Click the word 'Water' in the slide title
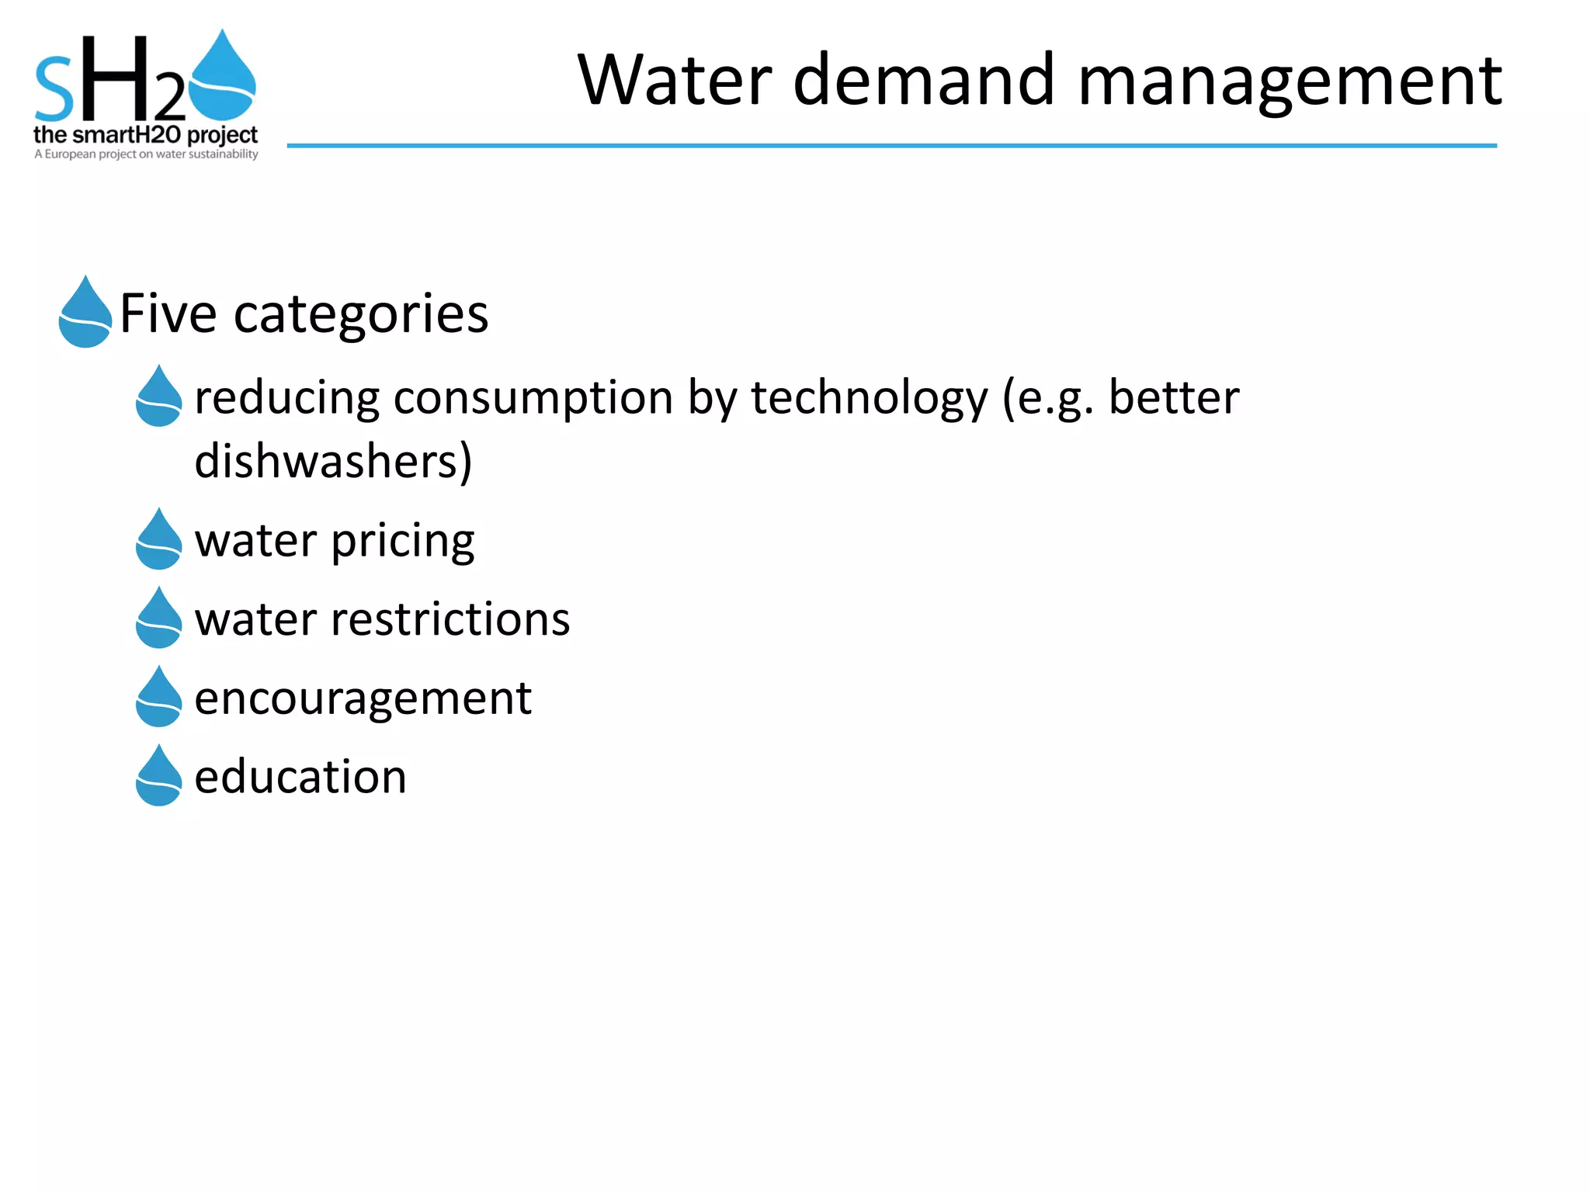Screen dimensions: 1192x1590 [675, 80]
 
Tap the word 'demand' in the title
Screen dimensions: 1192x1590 [925, 80]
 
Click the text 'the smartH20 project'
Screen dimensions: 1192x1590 [145, 135]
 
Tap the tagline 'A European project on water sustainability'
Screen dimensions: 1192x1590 [146, 154]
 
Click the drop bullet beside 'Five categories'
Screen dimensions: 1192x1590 [85, 314]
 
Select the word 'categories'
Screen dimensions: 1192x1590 [361, 314]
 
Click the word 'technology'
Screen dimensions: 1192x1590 [869, 398]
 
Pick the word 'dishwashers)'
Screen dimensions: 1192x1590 [333, 462]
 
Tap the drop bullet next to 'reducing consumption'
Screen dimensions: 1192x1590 [158, 397]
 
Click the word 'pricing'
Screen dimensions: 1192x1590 [403, 541]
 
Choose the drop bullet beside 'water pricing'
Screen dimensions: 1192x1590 [158, 540]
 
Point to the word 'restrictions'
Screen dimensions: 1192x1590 [450, 619]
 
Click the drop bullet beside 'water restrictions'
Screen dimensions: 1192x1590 [158, 619]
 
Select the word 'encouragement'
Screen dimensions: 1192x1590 [363, 698]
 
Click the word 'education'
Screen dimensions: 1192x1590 [300, 777]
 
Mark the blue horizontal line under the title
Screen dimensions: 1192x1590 [891, 145]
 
